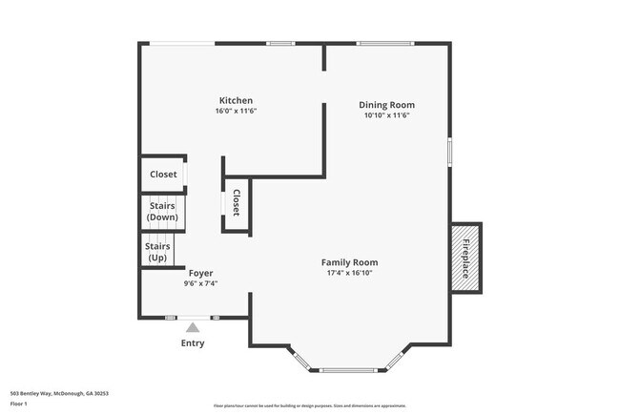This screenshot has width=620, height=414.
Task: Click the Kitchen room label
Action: click(x=236, y=100)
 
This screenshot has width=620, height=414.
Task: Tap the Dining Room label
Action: click(x=386, y=105)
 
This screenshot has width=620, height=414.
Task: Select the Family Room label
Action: click(x=349, y=262)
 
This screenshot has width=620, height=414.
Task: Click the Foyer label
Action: click(x=200, y=273)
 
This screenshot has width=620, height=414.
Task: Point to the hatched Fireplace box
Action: click(x=466, y=257)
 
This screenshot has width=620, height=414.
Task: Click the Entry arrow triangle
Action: click(x=193, y=327)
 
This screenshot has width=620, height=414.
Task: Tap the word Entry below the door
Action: click(x=193, y=343)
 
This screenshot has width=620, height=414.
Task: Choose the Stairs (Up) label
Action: click(x=157, y=252)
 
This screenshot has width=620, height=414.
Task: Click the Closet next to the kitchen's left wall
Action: click(x=163, y=175)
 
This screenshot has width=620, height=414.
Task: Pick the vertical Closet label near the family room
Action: click(x=236, y=202)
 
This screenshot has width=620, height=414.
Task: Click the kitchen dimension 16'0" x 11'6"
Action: click(x=236, y=112)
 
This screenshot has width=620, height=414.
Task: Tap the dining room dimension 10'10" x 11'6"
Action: click(x=386, y=116)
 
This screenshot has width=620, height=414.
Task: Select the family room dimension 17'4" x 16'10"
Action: click(x=349, y=274)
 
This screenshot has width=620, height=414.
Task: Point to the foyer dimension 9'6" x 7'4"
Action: click(x=200, y=283)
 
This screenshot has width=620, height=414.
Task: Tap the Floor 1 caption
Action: click(x=19, y=404)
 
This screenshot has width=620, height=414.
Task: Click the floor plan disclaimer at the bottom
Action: click(x=310, y=404)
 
